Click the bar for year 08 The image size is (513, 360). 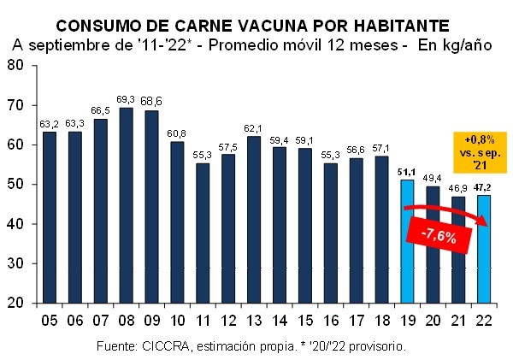[x=127, y=205]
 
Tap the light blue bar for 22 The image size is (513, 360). [x=483, y=248]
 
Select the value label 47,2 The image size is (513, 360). [x=483, y=188]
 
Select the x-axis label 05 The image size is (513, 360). [x=50, y=321]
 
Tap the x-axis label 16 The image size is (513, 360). [x=330, y=321]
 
